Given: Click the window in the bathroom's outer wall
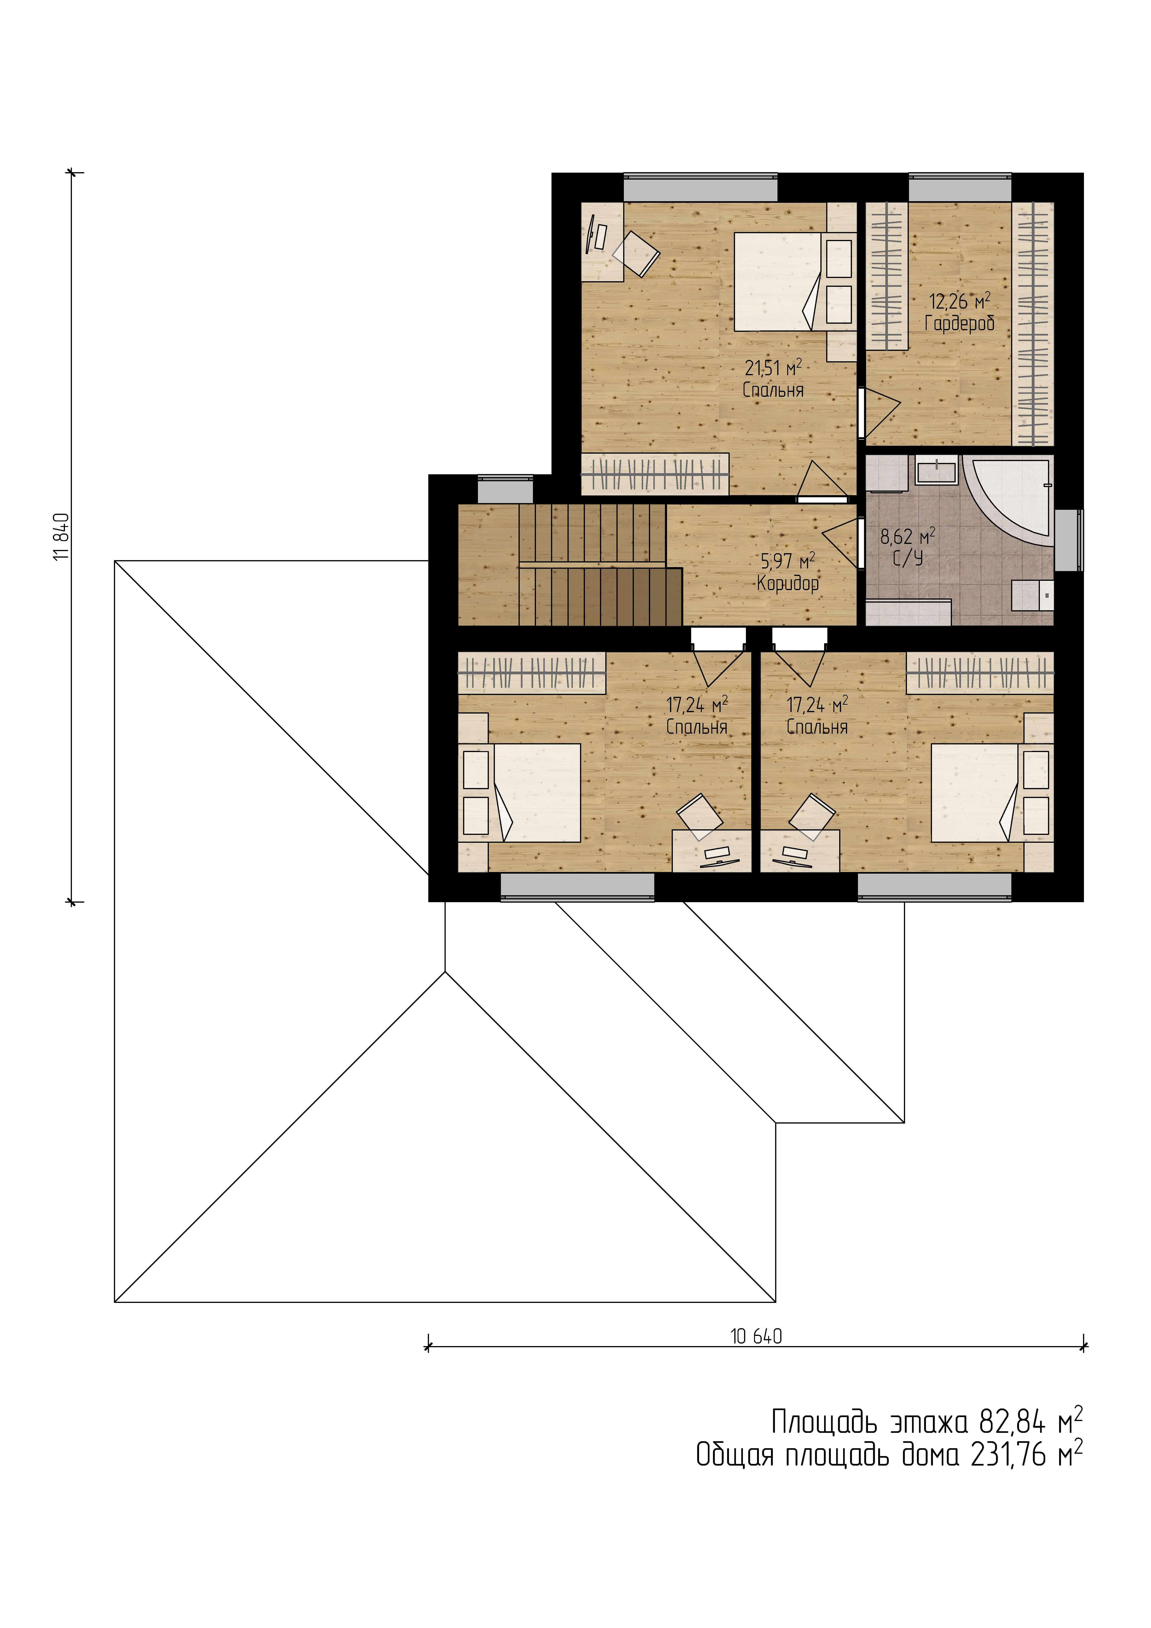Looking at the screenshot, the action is (x=1069, y=540).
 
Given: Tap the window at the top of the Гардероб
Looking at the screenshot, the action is (x=960, y=188).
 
